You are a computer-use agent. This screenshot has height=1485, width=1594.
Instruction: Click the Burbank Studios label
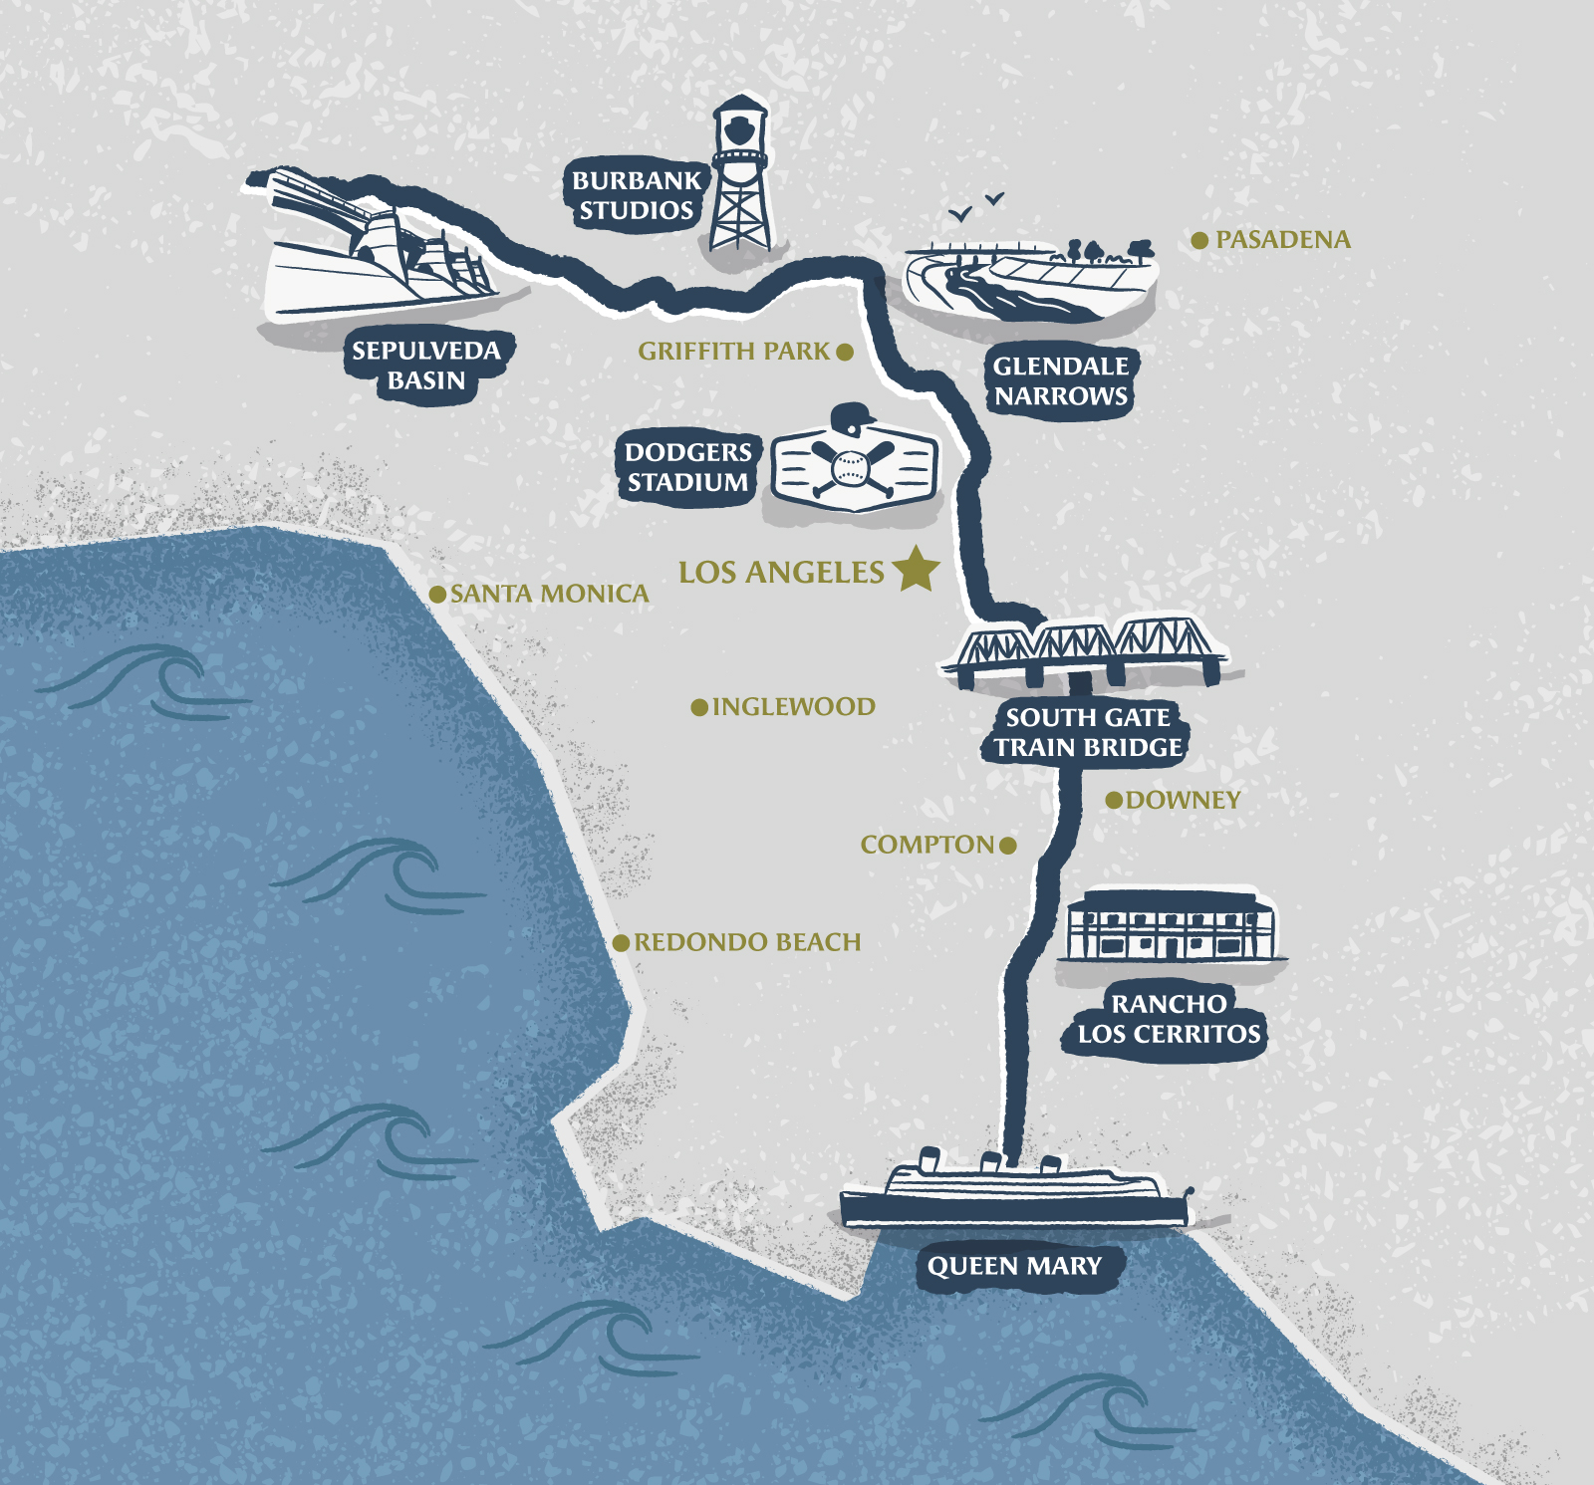(x=637, y=195)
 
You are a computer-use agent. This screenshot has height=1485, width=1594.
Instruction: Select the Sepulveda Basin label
(x=427, y=365)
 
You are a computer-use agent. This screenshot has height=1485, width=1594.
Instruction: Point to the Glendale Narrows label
(x=1061, y=380)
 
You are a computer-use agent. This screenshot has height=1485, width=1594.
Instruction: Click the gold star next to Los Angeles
(x=916, y=569)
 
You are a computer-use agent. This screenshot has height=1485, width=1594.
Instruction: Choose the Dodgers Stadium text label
(x=687, y=467)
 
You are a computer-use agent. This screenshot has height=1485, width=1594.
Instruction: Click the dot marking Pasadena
(x=1200, y=240)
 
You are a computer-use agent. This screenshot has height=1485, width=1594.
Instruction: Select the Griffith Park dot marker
(x=845, y=352)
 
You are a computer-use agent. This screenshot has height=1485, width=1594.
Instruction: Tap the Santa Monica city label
(x=549, y=594)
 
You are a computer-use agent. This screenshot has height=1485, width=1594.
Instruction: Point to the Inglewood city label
(x=793, y=707)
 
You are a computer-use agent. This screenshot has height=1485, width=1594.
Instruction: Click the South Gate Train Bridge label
(x=1088, y=732)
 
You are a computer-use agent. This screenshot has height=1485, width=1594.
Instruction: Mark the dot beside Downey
(x=1115, y=800)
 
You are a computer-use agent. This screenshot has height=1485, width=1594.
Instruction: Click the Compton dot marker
(x=1008, y=846)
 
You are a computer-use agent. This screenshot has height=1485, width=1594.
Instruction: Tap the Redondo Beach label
(x=747, y=942)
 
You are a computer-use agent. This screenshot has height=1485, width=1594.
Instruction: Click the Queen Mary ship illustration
(x=1014, y=1194)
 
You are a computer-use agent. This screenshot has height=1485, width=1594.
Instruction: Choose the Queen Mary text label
(x=1014, y=1266)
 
